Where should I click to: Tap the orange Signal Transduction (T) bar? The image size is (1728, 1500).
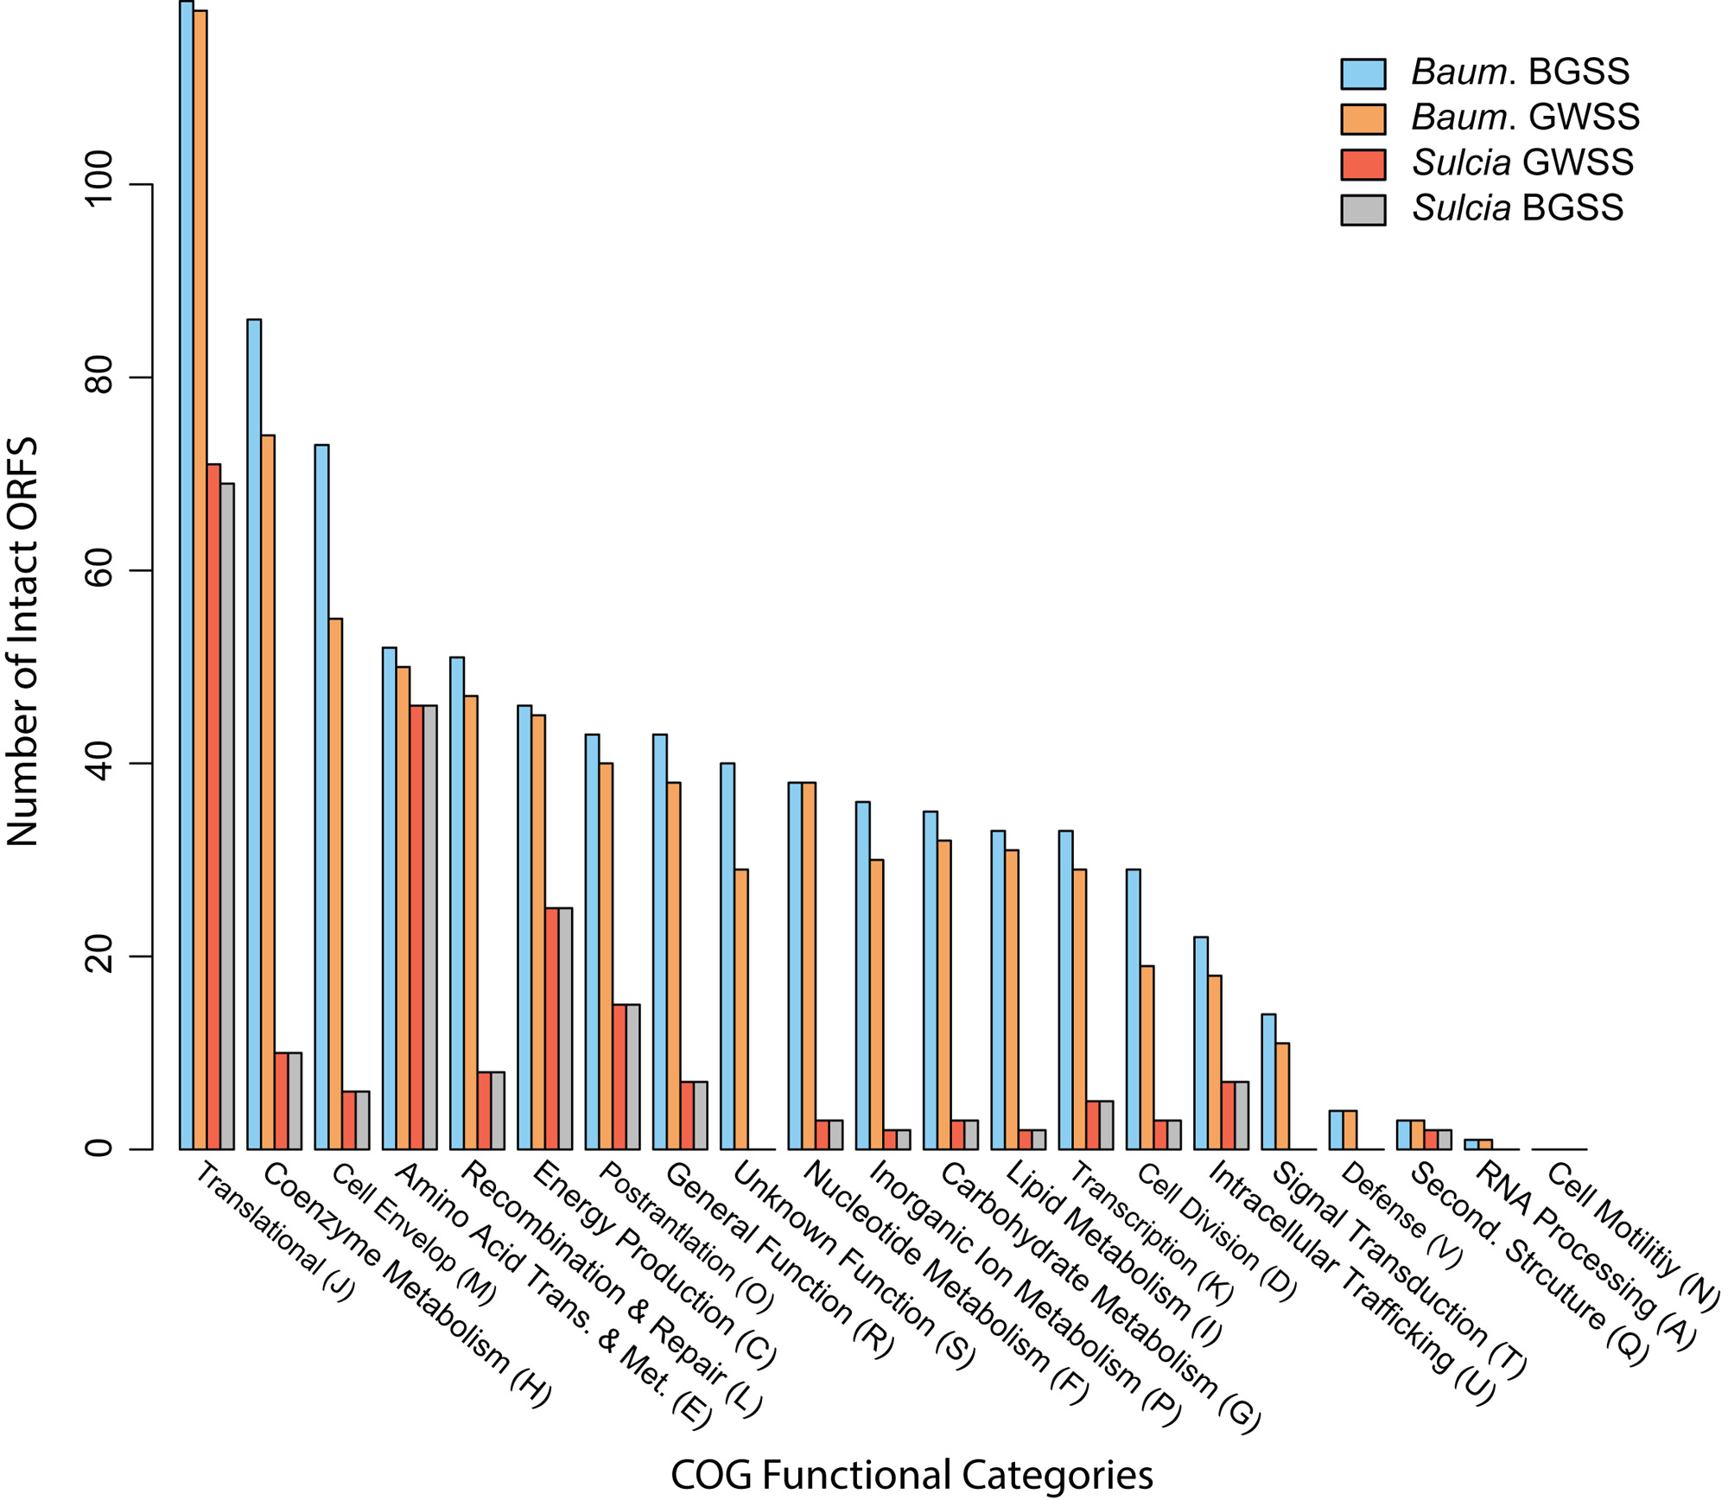click(x=1282, y=1096)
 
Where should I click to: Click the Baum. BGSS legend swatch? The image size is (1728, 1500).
click(x=1363, y=74)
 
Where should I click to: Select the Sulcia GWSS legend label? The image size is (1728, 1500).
click(x=1522, y=162)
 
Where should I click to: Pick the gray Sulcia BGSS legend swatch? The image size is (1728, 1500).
click(x=1363, y=209)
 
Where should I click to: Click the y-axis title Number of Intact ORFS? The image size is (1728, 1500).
click(x=23, y=641)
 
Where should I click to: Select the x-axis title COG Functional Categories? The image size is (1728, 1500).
click(x=912, y=1475)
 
